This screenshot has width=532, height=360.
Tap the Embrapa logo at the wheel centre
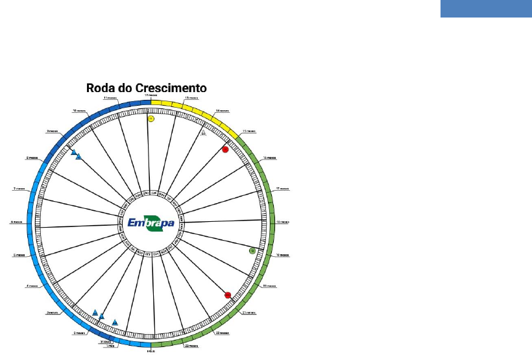(151, 222)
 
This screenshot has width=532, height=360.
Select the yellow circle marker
(151, 119)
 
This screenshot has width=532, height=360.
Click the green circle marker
(252, 250)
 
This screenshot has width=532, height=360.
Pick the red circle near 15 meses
(225, 150)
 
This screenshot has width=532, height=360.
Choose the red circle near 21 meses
(228, 295)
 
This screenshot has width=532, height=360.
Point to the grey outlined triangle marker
(203, 134)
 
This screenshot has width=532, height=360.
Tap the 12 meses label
(151, 95)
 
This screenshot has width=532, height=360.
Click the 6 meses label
(18, 222)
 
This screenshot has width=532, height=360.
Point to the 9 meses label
(53, 131)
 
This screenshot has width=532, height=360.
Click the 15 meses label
(248, 131)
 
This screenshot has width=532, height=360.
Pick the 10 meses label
(80, 111)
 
